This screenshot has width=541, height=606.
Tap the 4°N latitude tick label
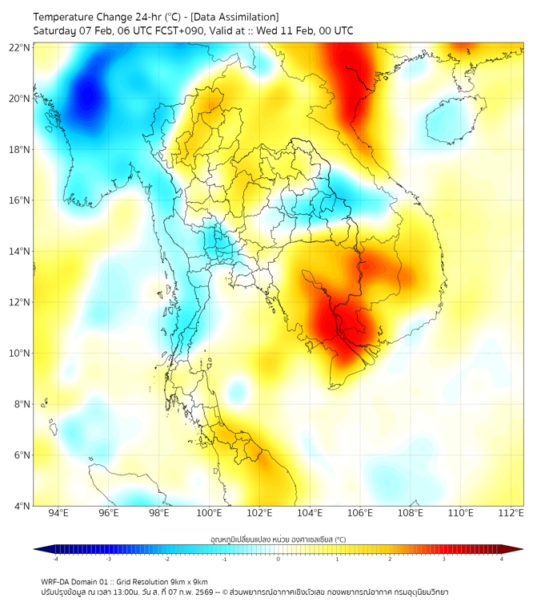click(22, 506)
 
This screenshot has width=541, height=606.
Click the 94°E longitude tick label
click(58, 514)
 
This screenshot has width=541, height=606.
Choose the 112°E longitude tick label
click(511, 514)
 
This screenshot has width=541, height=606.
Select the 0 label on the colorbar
click(279, 559)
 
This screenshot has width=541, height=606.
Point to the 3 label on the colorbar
click(445, 559)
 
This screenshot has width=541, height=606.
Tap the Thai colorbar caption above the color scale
click(277, 539)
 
